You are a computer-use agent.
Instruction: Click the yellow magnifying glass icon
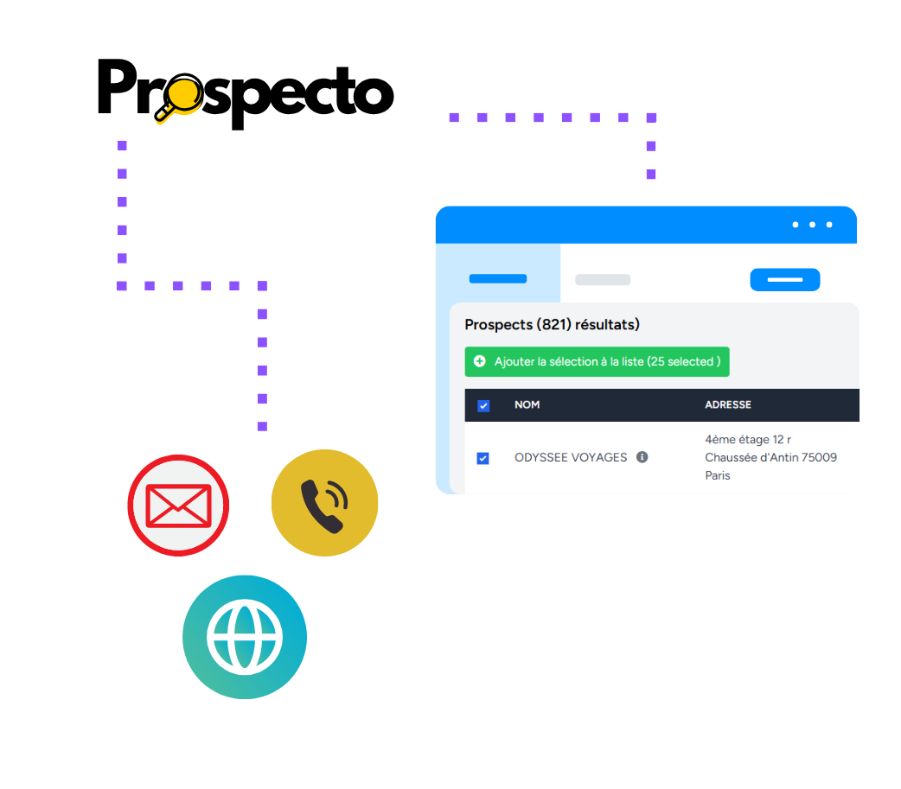click(180, 101)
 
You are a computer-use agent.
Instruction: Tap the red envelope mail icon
click(178, 506)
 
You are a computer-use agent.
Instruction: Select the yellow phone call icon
click(324, 503)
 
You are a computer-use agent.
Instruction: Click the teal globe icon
click(245, 637)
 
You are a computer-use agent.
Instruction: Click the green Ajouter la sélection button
click(597, 361)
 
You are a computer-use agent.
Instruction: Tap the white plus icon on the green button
click(480, 361)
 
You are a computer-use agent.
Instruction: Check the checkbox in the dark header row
click(483, 405)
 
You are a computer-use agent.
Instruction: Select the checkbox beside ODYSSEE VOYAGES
click(483, 458)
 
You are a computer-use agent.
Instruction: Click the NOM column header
click(527, 404)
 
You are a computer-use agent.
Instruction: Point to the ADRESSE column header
click(728, 404)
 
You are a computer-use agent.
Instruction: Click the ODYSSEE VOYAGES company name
click(571, 457)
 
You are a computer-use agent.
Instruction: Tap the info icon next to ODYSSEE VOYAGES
click(642, 457)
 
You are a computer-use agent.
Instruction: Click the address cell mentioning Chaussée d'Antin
click(770, 457)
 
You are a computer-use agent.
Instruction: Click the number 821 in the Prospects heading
click(553, 325)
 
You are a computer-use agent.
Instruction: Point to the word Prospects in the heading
click(498, 325)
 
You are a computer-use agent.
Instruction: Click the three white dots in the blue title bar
click(812, 225)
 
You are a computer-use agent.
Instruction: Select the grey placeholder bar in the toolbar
click(603, 280)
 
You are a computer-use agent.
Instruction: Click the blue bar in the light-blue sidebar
click(498, 278)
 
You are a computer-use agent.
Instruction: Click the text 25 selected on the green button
click(683, 361)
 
